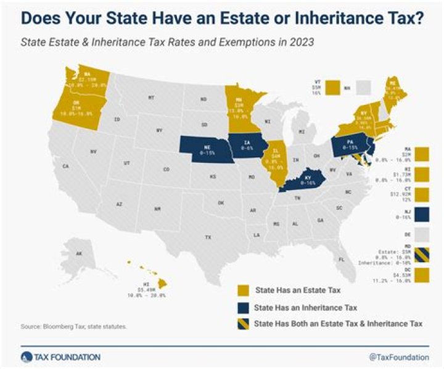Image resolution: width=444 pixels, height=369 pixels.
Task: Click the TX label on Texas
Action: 208,237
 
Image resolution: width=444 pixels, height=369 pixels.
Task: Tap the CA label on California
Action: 65,166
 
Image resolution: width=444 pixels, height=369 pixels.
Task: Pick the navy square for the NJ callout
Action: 423,213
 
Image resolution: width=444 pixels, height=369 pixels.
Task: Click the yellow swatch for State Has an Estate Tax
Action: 244,288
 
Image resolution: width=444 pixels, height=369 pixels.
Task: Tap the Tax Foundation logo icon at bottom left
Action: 25,357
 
